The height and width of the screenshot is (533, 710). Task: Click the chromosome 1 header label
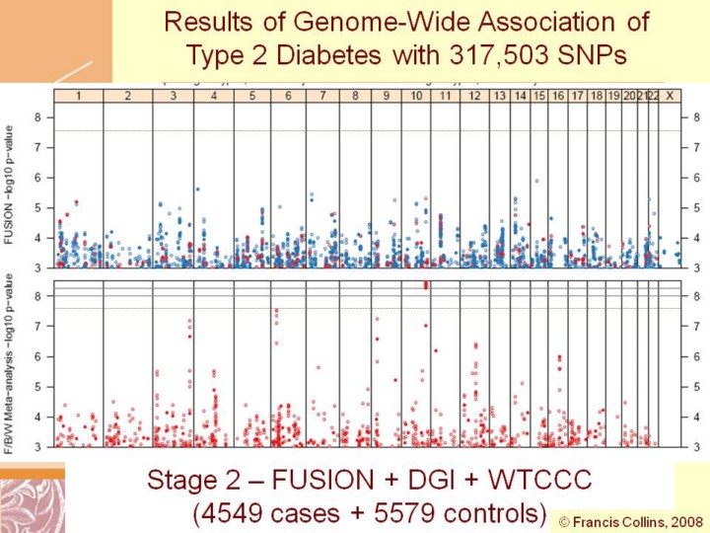(x=78, y=95)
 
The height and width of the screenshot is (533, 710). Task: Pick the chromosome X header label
(x=671, y=95)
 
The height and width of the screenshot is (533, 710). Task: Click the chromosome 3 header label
(x=174, y=95)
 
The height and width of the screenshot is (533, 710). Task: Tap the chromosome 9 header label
(x=386, y=95)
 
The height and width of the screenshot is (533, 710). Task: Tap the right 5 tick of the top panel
(x=696, y=207)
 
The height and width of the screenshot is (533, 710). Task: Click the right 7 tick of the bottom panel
(x=696, y=327)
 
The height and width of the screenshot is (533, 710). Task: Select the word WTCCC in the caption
(x=539, y=481)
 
